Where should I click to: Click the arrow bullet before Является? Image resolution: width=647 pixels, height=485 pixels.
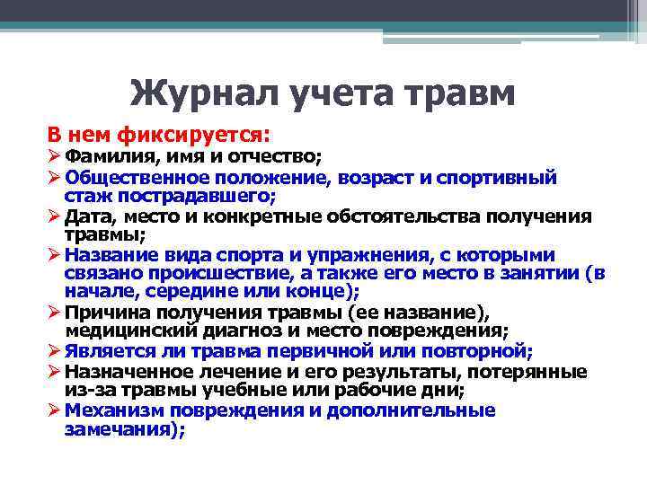tap(54, 351)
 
